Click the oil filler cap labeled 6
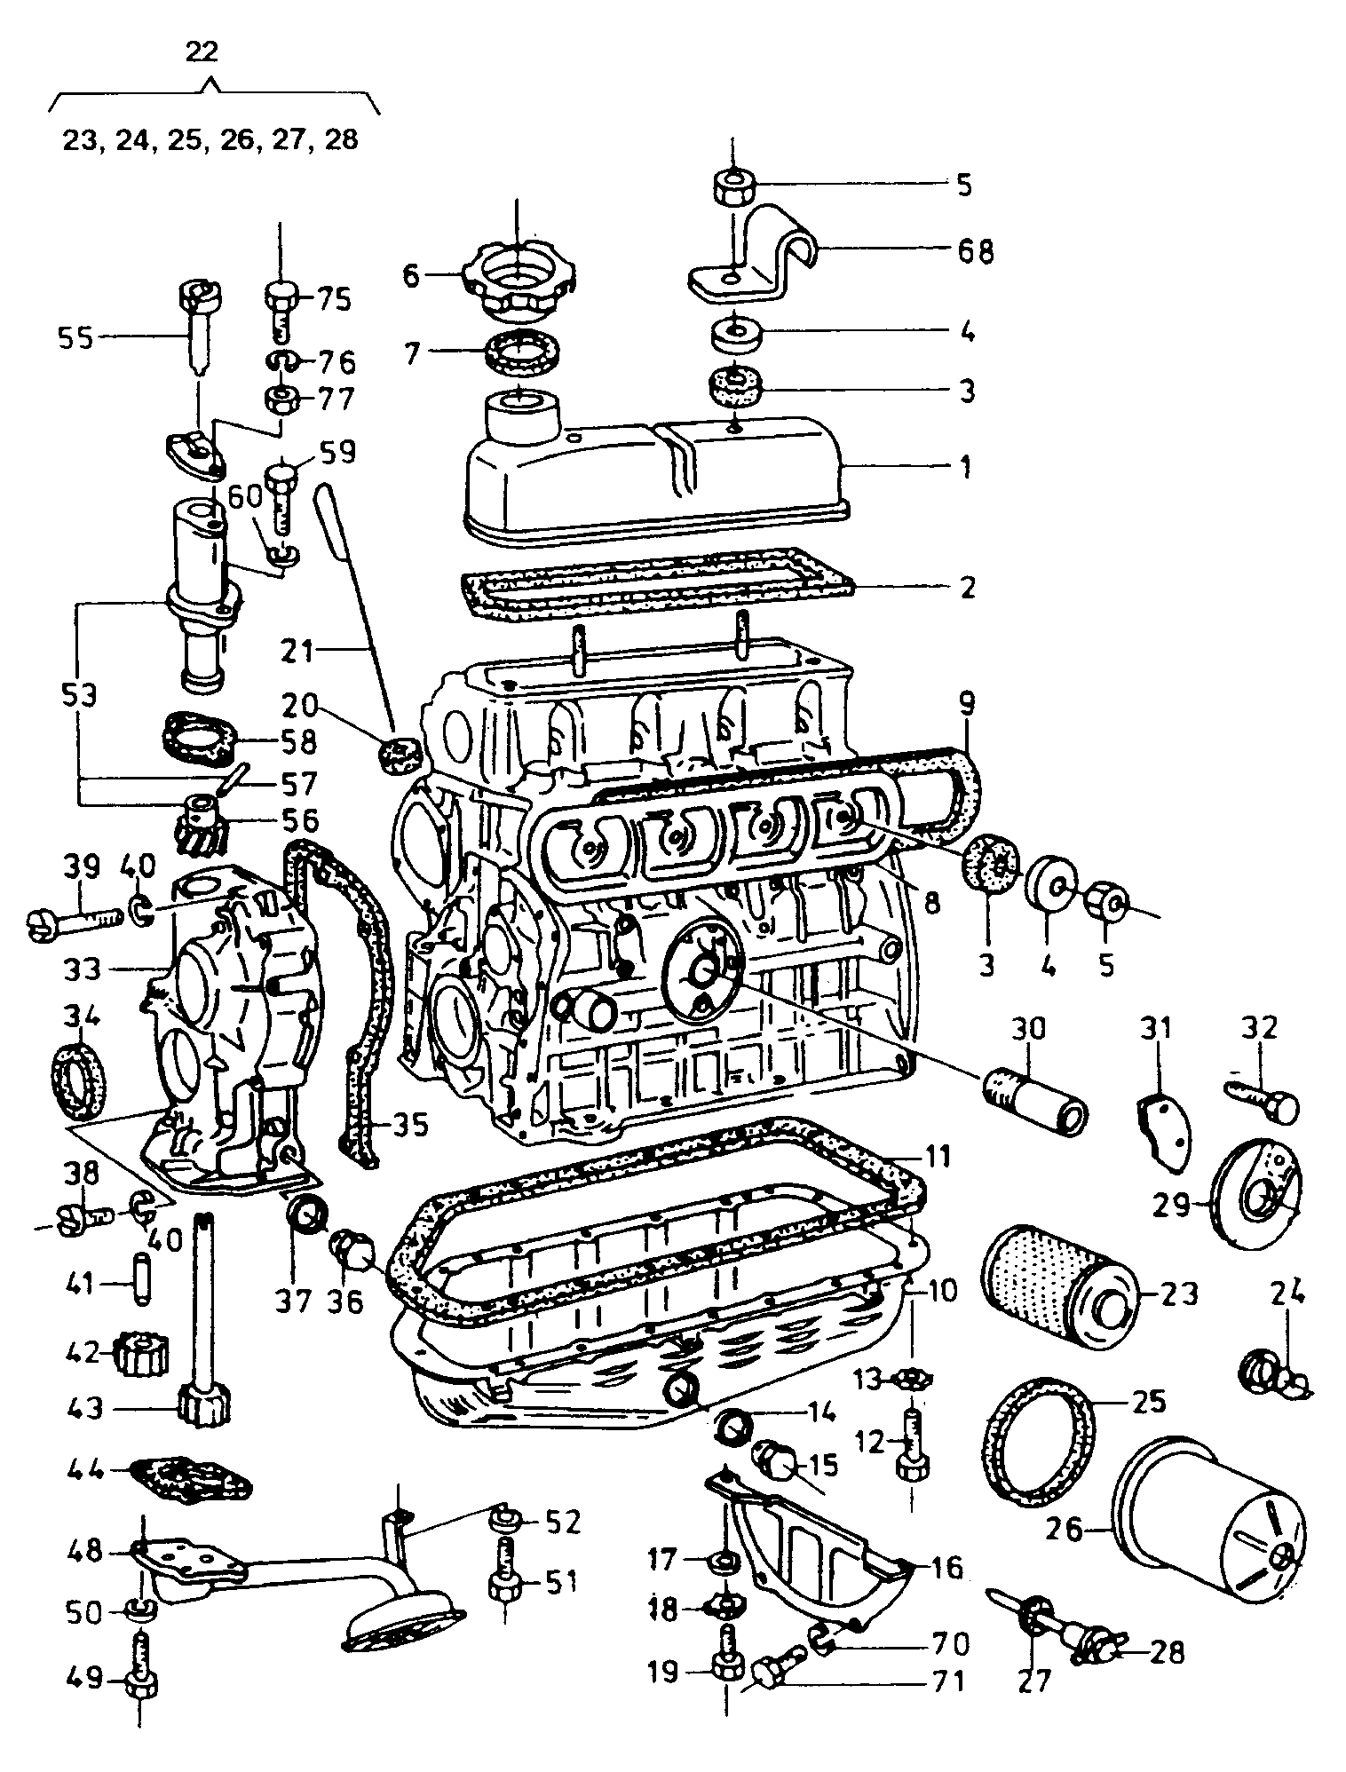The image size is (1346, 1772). (x=516, y=277)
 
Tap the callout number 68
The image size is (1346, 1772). (x=974, y=252)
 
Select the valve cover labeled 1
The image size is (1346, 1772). (x=657, y=471)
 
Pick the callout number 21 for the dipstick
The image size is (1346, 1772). (x=300, y=653)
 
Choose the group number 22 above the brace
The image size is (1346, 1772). (x=202, y=51)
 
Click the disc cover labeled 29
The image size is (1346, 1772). (x=1256, y=1194)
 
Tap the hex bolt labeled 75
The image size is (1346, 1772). (x=281, y=307)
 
